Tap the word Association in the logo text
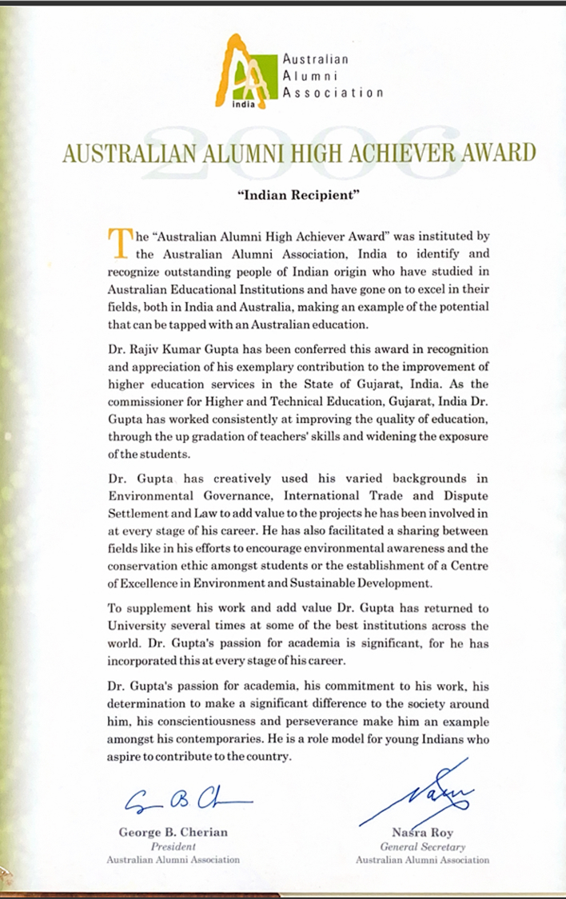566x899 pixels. coord(333,93)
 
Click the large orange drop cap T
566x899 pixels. coord(118,243)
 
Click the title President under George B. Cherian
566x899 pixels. coord(173,846)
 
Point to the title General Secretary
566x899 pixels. coord(422,846)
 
